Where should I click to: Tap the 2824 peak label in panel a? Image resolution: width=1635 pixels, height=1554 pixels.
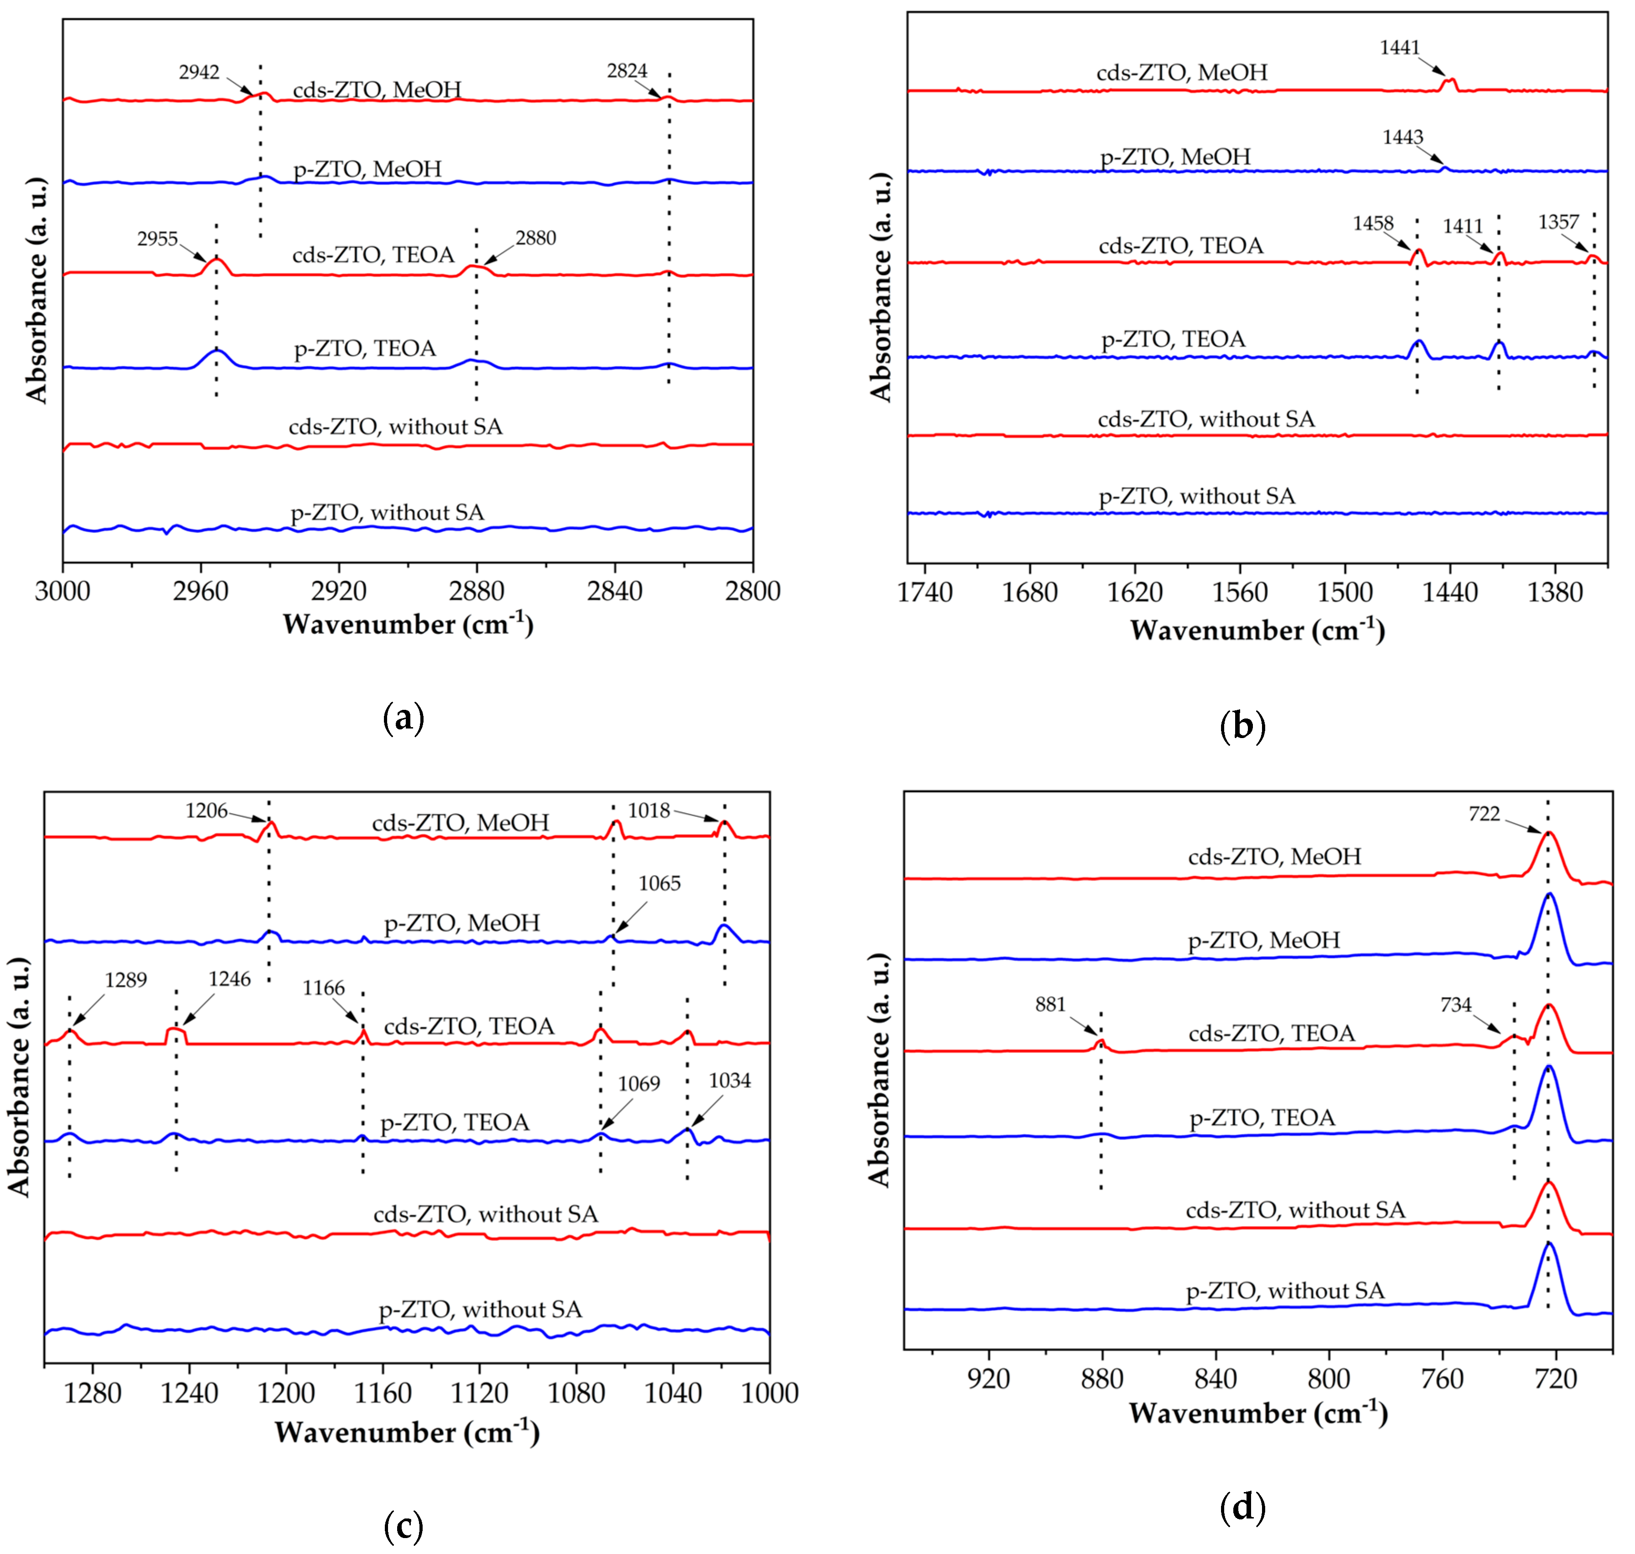pyautogui.click(x=627, y=71)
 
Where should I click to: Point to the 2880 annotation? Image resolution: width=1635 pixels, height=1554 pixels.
pyautogui.click(x=535, y=239)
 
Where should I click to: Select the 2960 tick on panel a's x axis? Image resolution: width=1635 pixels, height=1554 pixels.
pyautogui.click(x=200, y=591)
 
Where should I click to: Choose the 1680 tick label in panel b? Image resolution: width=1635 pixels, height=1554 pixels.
pyautogui.click(x=1029, y=593)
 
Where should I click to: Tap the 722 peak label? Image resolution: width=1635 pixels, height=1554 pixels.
pyautogui.click(x=1484, y=814)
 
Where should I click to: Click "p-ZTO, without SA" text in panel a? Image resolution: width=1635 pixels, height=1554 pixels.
pyautogui.click(x=387, y=513)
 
